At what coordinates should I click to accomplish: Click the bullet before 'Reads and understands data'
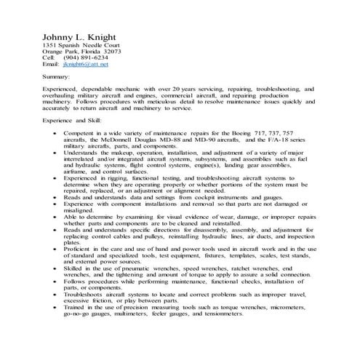pos(56,196)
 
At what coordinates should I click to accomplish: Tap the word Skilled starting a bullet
pos(75,268)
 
